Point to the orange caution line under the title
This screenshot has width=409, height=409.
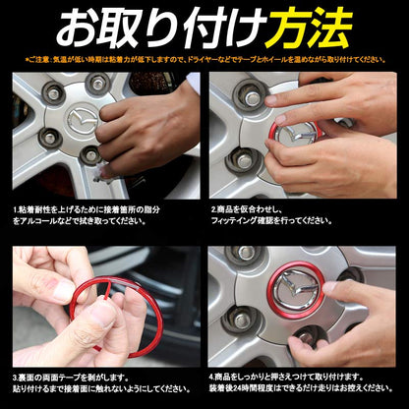204,60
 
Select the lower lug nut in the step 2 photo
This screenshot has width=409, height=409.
241,157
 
